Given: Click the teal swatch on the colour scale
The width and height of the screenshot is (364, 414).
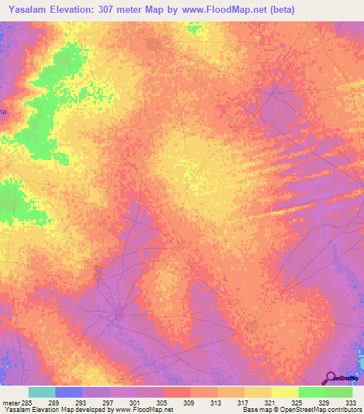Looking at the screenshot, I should point(42,392).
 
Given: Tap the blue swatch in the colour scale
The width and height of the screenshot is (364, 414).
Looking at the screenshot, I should point(69,392).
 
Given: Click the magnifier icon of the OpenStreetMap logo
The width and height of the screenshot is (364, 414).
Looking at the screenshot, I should point(329,377).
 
